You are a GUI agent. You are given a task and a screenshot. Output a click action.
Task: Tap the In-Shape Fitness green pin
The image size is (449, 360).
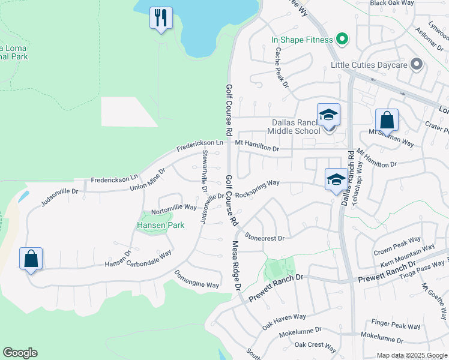[x=342, y=40]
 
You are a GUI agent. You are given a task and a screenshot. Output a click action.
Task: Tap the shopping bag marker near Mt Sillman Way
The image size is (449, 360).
[x=387, y=120]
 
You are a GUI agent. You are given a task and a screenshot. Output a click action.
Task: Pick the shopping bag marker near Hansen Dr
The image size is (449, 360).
[x=31, y=259]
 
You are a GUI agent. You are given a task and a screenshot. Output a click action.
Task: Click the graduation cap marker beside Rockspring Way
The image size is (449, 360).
[x=336, y=179]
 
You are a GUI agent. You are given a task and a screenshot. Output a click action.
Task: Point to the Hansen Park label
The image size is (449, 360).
[x=160, y=225]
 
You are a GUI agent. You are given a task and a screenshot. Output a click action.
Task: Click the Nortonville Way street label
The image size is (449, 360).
[x=174, y=208]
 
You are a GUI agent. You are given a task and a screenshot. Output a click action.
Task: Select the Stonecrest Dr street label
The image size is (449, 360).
[x=264, y=238]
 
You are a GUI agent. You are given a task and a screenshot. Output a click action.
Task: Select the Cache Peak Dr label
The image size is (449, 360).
[x=282, y=68]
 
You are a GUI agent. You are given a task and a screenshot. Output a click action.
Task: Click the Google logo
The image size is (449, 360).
[x=20, y=353]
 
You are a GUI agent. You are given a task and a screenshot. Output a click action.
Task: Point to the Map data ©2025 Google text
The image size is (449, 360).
[x=411, y=355]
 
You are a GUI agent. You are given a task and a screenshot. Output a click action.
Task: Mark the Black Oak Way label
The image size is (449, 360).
[x=392, y=3]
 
